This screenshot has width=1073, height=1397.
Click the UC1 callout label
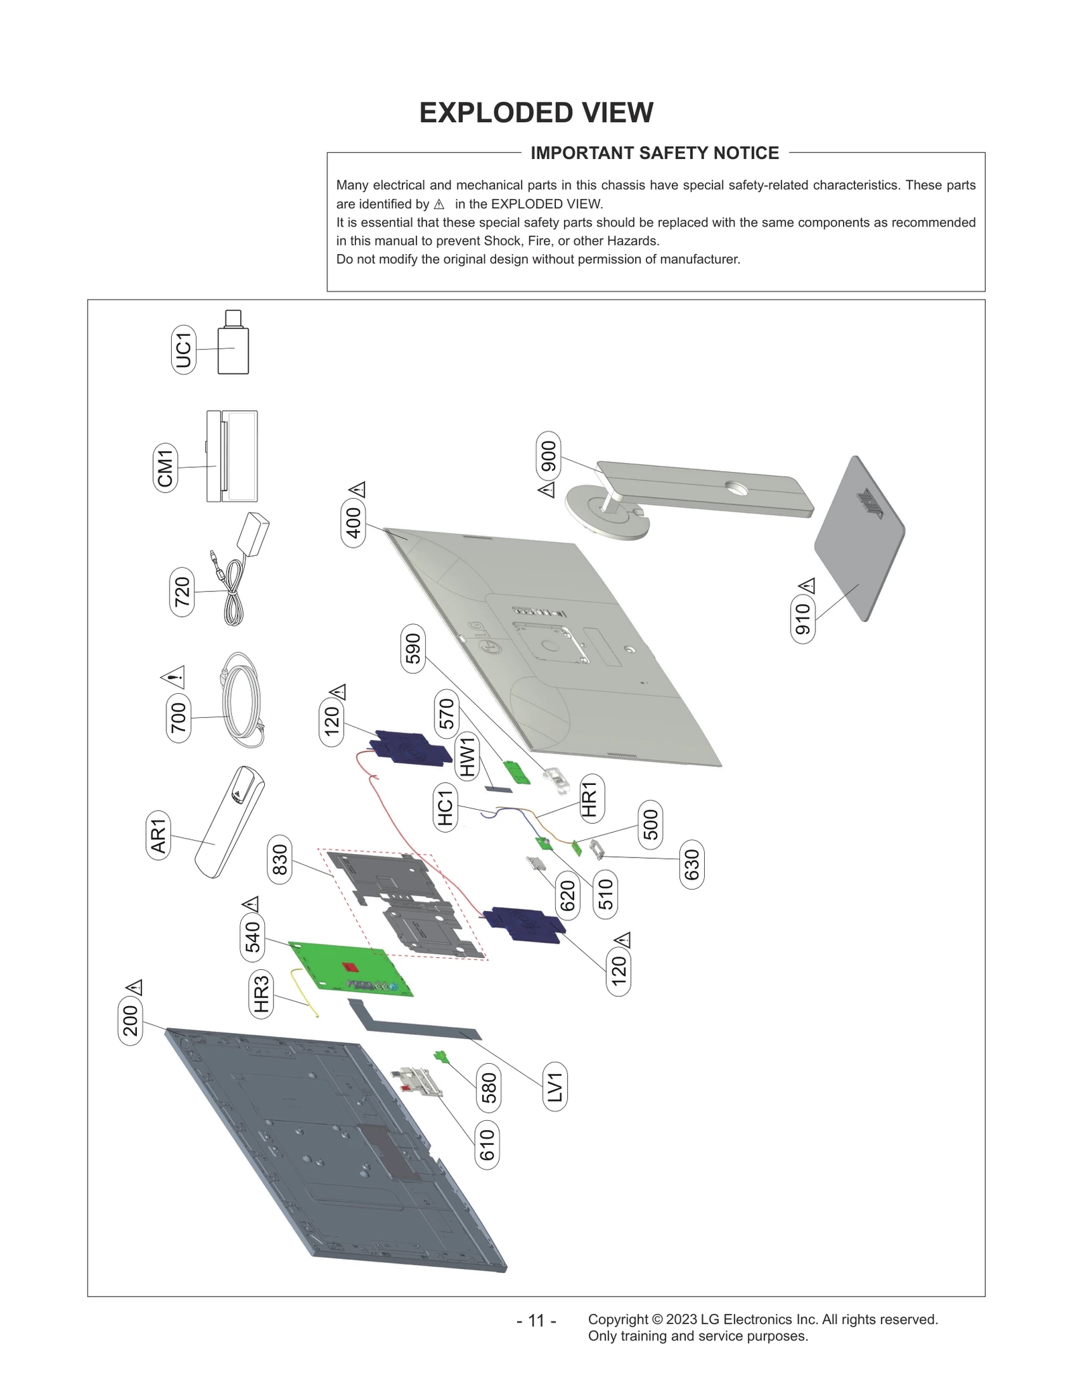click(183, 349)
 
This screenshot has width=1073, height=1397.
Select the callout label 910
click(803, 618)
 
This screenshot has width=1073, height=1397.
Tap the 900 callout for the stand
click(549, 456)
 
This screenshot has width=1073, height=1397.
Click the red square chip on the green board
click(349, 968)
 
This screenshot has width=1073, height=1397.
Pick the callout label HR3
click(261, 994)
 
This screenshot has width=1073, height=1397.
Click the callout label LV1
click(555, 1087)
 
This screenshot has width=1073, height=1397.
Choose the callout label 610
click(487, 1144)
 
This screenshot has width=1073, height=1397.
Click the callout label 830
click(279, 860)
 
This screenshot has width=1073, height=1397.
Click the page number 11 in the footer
click(536, 1321)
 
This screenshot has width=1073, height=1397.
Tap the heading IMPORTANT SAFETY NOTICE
click(655, 154)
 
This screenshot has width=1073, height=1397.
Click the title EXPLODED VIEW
click(536, 113)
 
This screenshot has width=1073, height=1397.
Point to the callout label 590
click(412, 648)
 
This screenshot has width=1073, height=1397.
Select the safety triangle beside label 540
click(251, 904)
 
